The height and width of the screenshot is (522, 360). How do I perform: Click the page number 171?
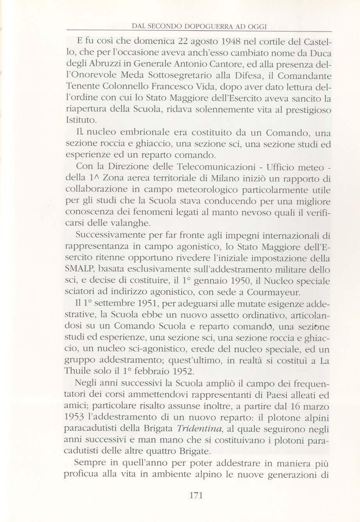(194, 496)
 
